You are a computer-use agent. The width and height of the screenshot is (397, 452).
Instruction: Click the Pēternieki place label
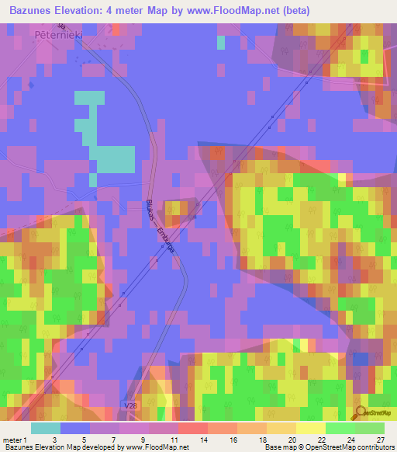click(x=59, y=35)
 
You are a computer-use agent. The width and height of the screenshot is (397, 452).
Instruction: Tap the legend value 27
click(x=380, y=440)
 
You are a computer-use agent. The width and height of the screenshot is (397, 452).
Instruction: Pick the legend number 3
click(x=53, y=440)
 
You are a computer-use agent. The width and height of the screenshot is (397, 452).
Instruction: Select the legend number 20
click(x=292, y=440)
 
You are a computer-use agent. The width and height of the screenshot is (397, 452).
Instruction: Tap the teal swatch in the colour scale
click(x=46, y=428)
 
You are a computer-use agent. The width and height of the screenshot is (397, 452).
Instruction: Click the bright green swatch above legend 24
click(x=340, y=428)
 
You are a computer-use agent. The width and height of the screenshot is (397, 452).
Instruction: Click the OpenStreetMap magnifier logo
click(x=361, y=411)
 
